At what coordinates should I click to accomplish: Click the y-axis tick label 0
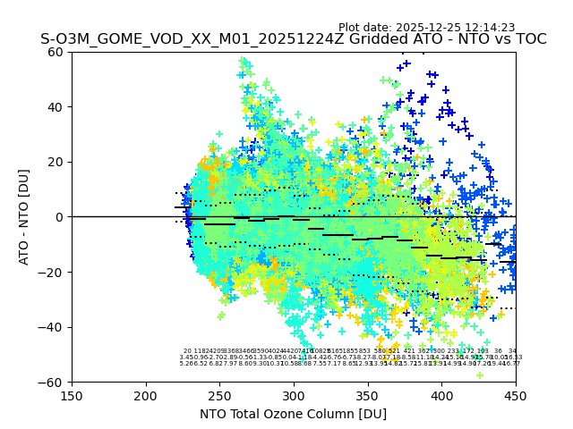point(61,217)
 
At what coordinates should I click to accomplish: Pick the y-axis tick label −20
point(54,272)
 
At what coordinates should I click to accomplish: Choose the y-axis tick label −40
point(54,327)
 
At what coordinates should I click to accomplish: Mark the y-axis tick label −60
point(54,382)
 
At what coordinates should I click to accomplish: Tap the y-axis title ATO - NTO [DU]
point(25,217)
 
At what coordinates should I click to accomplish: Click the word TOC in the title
point(529,40)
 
